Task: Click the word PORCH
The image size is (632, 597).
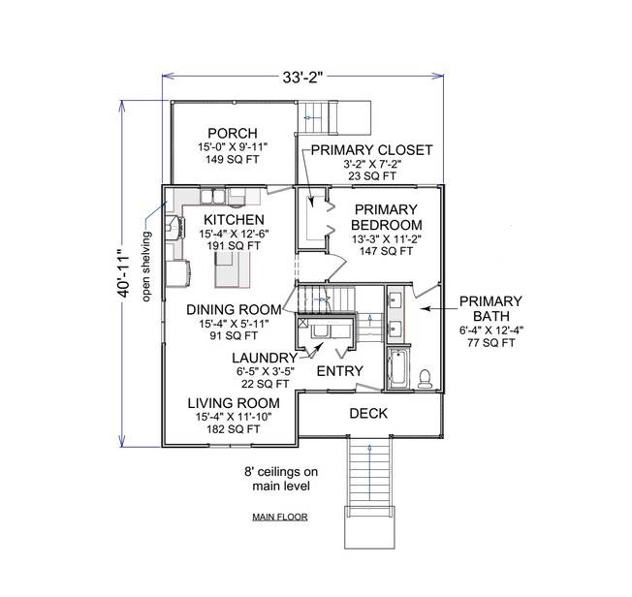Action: (x=233, y=133)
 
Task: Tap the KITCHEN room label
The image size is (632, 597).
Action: (x=234, y=220)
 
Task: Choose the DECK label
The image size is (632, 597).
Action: (x=368, y=413)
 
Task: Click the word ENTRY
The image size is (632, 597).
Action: (x=340, y=370)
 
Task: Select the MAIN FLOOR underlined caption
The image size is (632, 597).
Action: (x=279, y=517)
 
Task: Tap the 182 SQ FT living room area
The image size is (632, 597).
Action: (x=233, y=428)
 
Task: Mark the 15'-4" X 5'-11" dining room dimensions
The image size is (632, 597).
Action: (x=233, y=324)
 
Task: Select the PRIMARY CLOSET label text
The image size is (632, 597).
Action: (x=370, y=150)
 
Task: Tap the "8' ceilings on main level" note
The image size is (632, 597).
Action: (x=280, y=479)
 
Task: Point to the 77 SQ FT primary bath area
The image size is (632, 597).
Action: (x=490, y=342)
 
